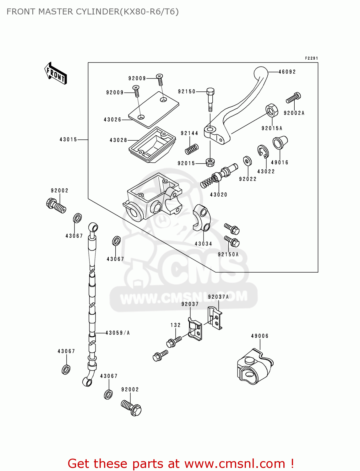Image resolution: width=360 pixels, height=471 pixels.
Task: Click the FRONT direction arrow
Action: click(56, 73)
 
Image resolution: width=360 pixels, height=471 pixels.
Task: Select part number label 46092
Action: click(287, 72)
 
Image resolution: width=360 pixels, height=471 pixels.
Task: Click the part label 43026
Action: click(112, 120)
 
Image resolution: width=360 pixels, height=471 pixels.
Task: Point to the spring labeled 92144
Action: click(192, 149)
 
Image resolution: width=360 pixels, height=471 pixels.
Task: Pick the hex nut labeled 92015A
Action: click(272, 110)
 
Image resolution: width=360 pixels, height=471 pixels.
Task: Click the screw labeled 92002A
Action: click(293, 98)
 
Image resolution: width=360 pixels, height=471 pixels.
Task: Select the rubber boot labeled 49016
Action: click(280, 142)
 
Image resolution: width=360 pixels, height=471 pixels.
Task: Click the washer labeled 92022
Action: click(248, 161)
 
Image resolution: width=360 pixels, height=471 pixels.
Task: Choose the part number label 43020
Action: click(219, 195)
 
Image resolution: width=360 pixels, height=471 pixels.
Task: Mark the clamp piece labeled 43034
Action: click(201, 217)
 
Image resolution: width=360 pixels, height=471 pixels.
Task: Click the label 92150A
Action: click(228, 255)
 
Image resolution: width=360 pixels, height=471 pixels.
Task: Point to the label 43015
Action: click(68, 139)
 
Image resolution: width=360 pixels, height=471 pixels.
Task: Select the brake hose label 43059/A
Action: click(117, 333)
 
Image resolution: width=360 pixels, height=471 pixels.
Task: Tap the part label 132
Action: click(176, 325)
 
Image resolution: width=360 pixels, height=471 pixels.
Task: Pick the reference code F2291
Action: click(311, 58)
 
